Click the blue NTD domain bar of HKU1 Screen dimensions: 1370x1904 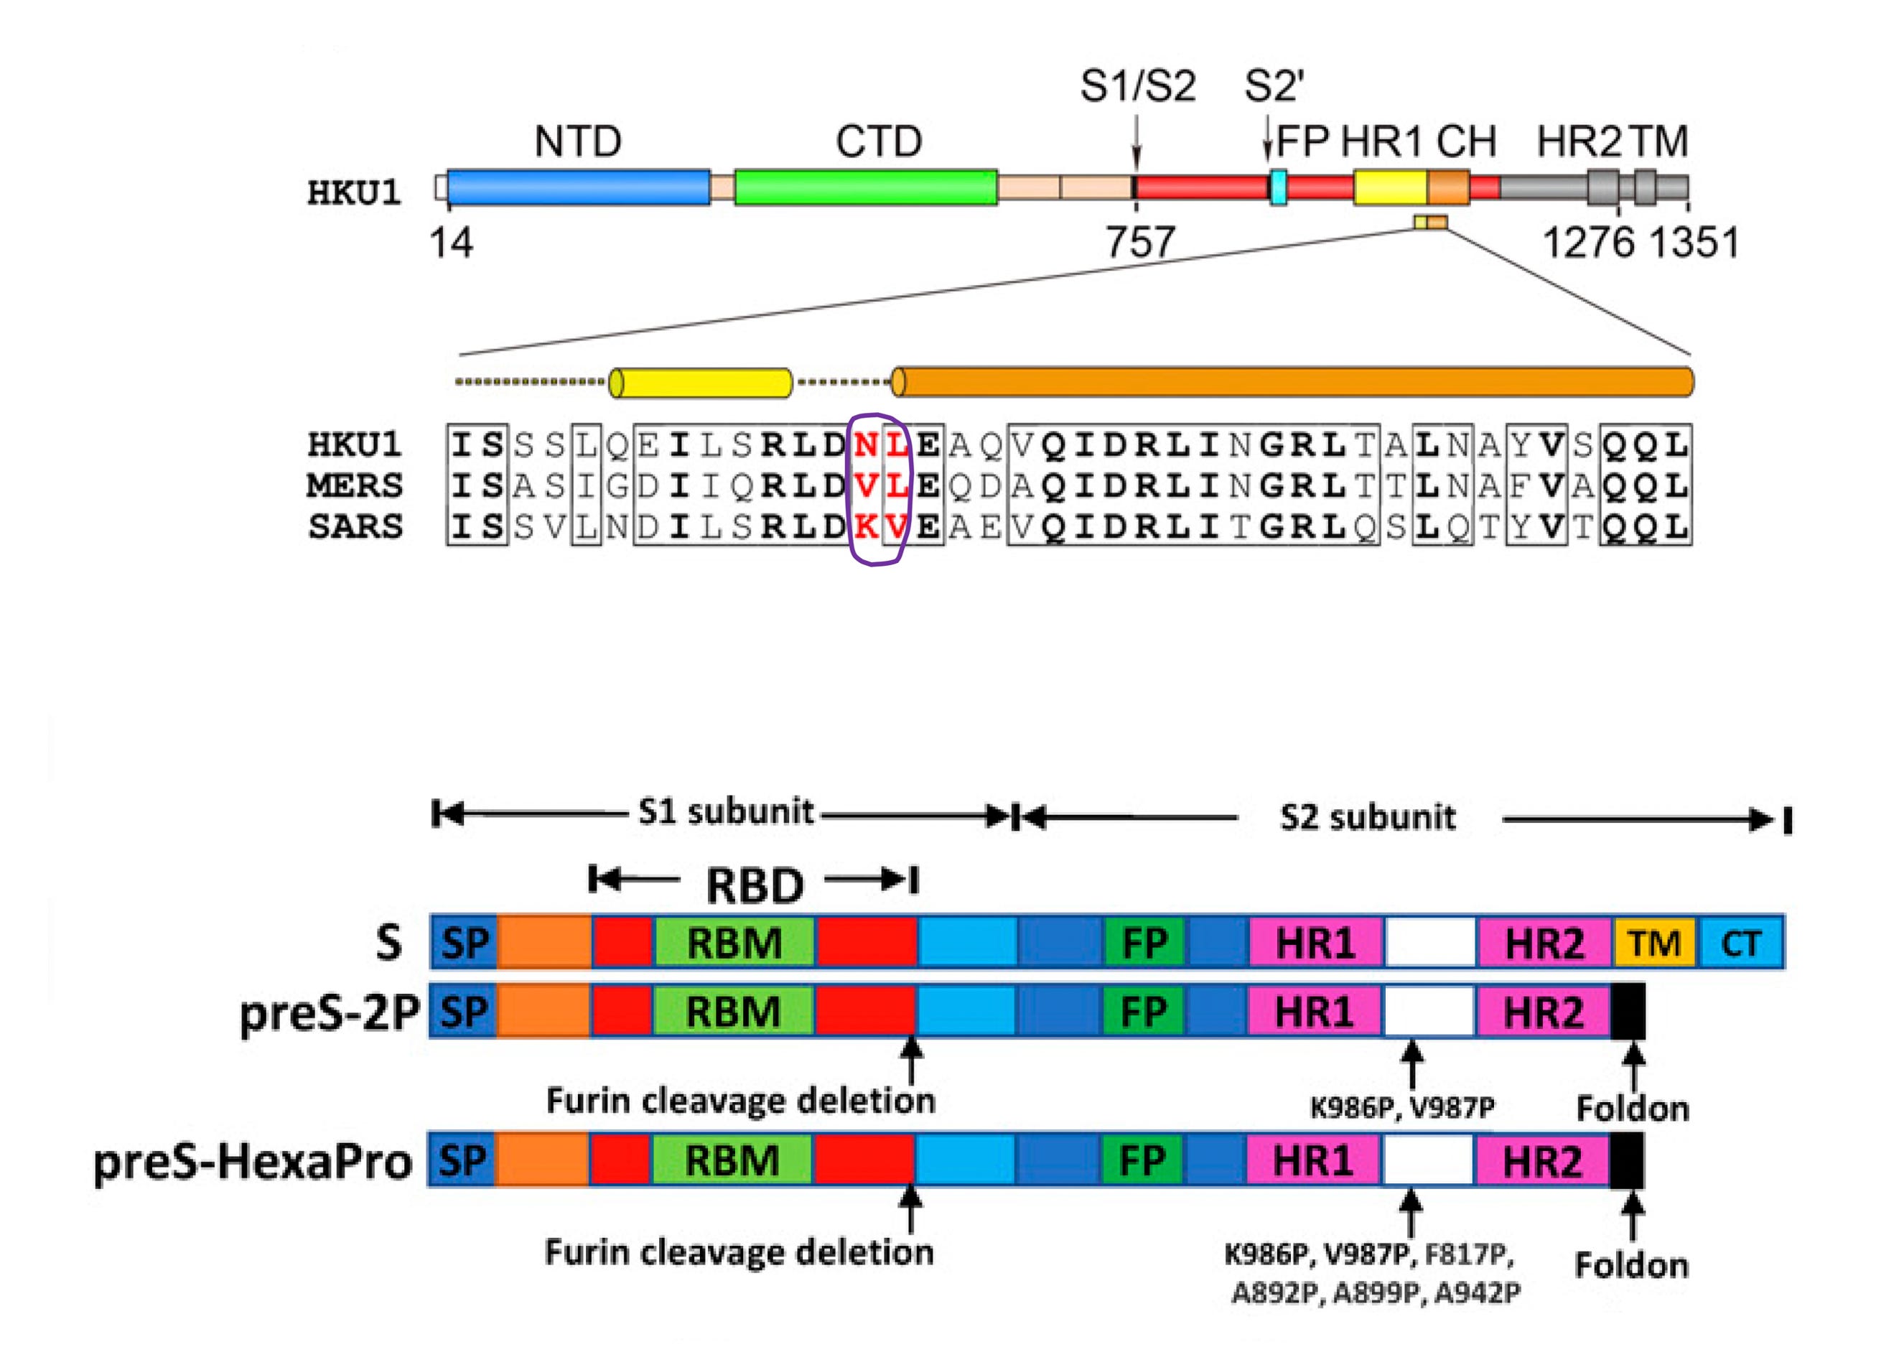tap(579, 187)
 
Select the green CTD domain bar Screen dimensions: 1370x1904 tap(866, 187)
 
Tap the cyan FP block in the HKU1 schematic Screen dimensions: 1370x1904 tap(1278, 187)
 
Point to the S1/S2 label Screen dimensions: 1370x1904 tap(1137, 86)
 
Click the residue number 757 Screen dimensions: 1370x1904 tap(1139, 243)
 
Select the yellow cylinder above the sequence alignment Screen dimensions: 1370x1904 tap(700, 383)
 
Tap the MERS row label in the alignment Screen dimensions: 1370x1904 tap(354, 486)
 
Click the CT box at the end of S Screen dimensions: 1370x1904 tap(1741, 943)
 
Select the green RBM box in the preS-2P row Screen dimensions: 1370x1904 tap(733, 1012)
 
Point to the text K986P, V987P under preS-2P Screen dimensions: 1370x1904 tap(1402, 1107)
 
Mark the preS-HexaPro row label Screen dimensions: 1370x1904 tap(252, 1162)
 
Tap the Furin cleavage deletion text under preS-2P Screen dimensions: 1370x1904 tap(740, 1101)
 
